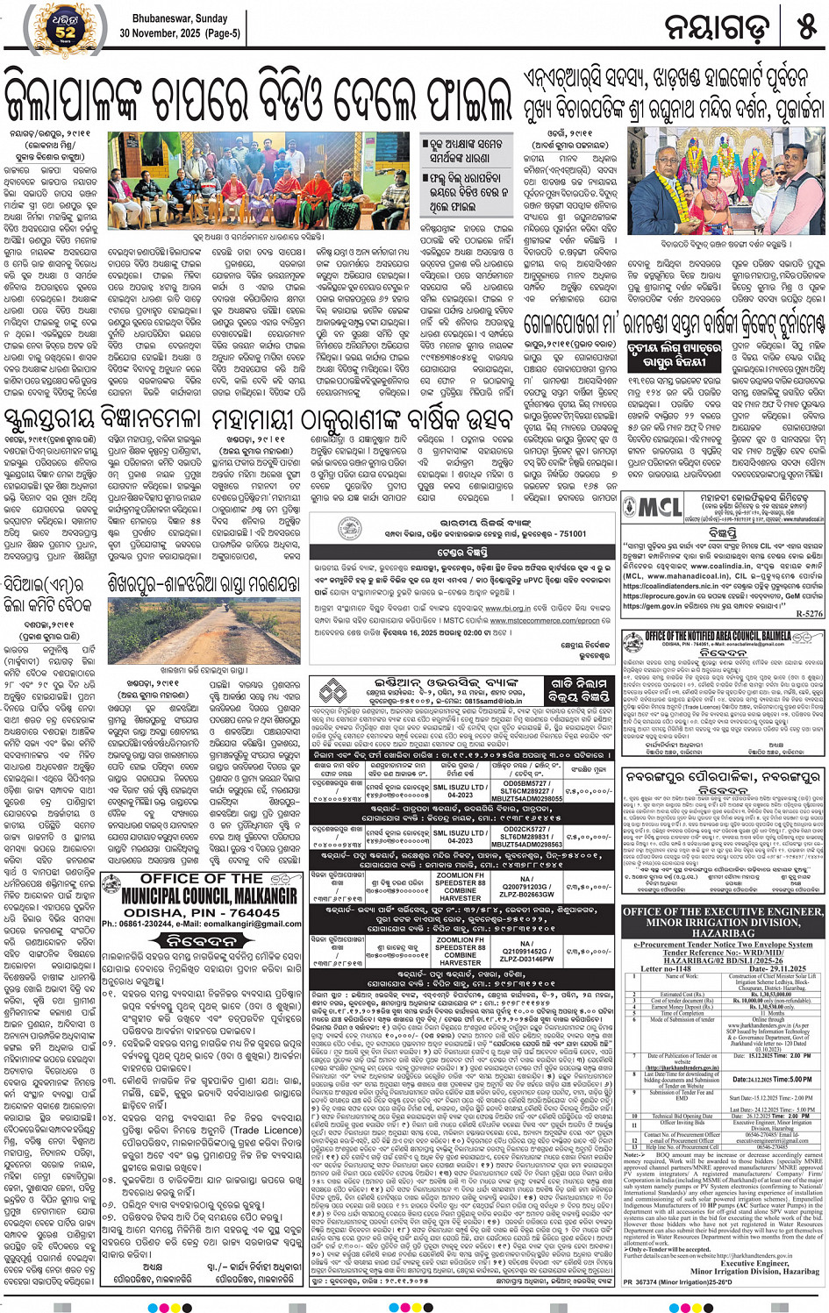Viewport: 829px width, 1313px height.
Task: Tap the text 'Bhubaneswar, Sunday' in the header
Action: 180,18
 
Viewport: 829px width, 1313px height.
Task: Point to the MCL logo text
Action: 651,508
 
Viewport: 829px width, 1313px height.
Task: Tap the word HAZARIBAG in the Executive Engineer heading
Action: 723,933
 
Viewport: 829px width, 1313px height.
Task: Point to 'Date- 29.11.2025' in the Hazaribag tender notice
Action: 769,969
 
